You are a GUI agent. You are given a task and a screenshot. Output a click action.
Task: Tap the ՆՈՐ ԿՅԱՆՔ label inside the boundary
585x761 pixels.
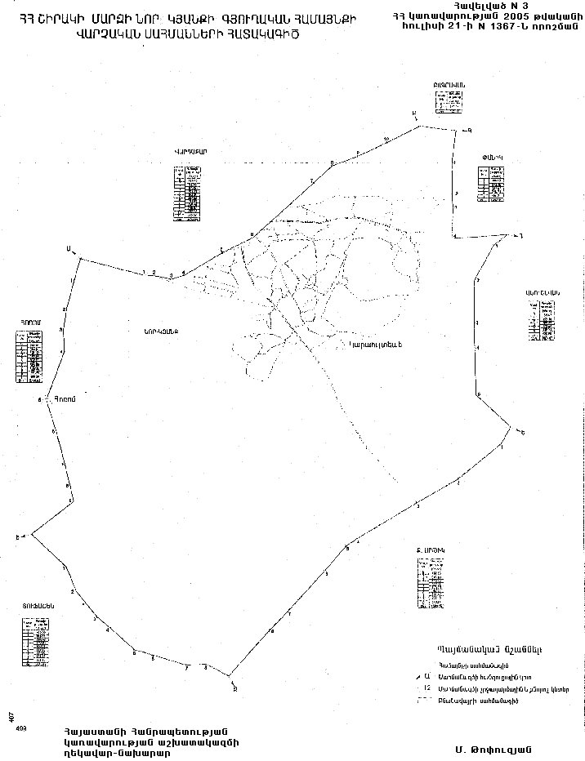tap(160, 331)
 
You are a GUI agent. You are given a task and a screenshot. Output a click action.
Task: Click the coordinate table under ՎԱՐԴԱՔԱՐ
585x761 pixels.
tap(189, 194)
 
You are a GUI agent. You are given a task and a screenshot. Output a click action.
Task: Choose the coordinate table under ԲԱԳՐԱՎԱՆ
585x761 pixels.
tap(450, 103)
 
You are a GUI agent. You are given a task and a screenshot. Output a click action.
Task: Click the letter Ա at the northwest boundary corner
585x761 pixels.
tap(70, 251)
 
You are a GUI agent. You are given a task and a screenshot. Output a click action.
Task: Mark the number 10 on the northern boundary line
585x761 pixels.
tap(386, 140)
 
